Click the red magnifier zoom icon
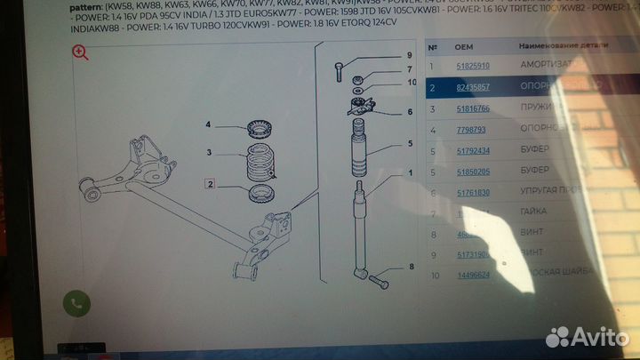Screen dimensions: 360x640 coord(80,53)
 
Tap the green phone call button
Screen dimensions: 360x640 coord(76,304)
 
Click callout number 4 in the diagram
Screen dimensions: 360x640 coord(209,124)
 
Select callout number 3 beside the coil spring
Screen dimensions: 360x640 coord(209,154)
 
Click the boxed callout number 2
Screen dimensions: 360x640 coord(211,185)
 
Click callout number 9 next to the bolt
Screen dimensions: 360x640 coord(409,56)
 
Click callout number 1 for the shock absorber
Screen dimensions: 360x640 coord(410,173)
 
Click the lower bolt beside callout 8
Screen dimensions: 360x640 coord(376,282)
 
